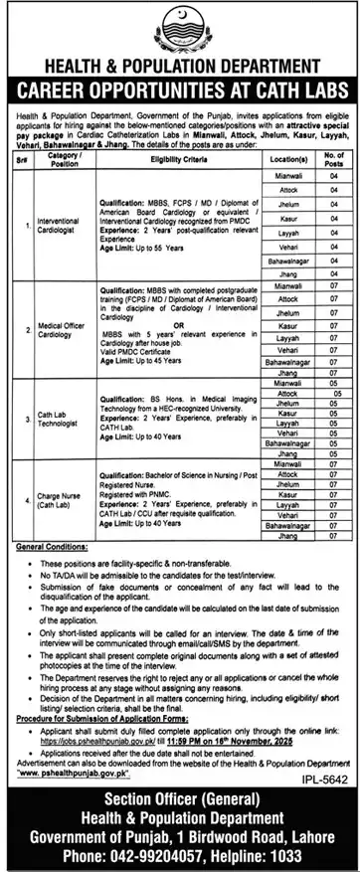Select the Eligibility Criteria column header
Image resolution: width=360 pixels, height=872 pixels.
[x=189, y=157]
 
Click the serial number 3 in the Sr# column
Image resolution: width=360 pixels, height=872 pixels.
[x=20, y=421]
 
